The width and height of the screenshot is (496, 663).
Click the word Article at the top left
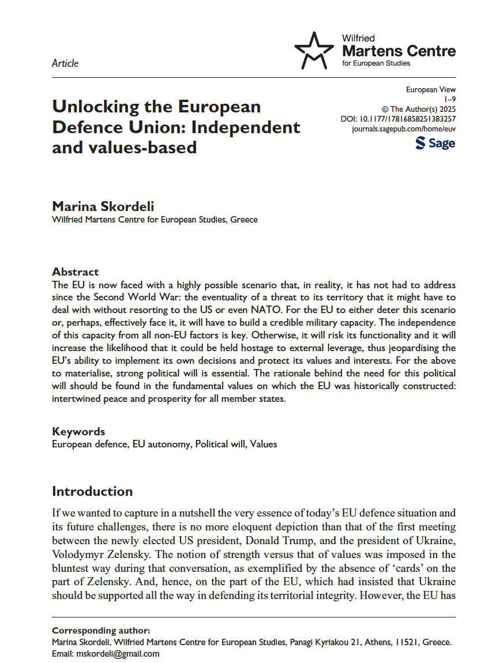[x=65, y=63]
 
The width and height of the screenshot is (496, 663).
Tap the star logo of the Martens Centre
[x=314, y=50]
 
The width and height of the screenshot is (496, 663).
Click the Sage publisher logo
[x=435, y=143]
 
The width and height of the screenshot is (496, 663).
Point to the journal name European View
[x=431, y=89]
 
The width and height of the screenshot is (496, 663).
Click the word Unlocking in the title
[x=96, y=107]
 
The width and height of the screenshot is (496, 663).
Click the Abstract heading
[x=76, y=272]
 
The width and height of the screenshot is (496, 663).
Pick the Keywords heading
[x=78, y=431]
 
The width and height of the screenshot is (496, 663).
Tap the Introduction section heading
[x=92, y=491]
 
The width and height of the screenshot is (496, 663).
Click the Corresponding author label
[x=101, y=631]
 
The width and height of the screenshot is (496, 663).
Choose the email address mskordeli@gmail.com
[x=119, y=654]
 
